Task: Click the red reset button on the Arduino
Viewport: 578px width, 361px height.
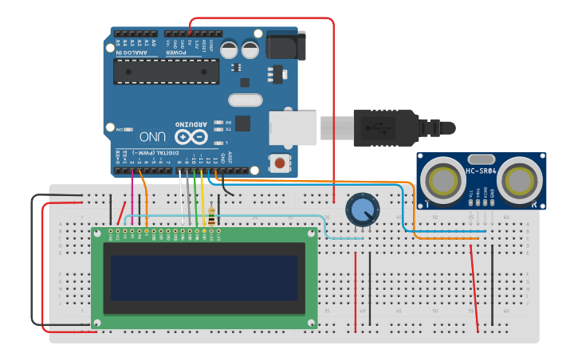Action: pos(280,163)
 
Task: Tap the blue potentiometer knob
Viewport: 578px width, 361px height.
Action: pos(362,210)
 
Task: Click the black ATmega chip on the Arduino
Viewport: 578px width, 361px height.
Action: pos(166,71)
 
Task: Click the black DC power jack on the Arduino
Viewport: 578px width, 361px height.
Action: pos(285,45)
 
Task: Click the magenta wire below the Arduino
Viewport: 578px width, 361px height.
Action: pos(132,195)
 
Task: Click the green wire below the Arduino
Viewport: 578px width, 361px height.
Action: pos(195,199)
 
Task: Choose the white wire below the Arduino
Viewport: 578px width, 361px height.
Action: pos(184,199)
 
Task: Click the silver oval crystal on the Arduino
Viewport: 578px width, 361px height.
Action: pos(245,100)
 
